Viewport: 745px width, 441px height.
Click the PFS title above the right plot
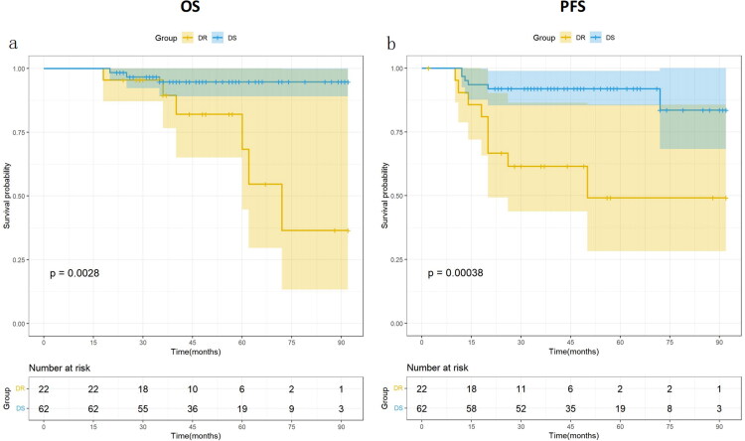[570, 11]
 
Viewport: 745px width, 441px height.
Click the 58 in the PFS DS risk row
[472, 404]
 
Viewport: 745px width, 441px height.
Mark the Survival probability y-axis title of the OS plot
[7, 196]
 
